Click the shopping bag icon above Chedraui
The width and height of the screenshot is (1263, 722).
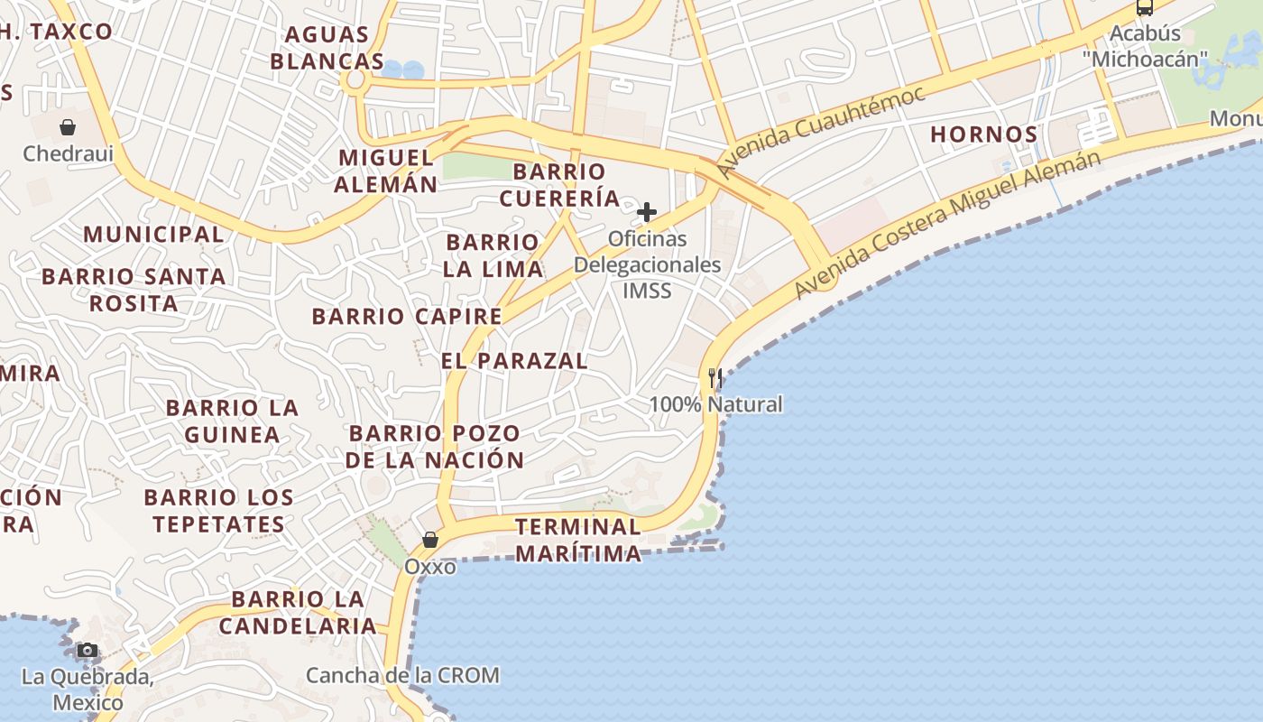pos(68,127)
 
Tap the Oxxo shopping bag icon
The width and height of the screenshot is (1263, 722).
pos(430,540)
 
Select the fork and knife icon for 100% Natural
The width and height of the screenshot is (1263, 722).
pos(715,377)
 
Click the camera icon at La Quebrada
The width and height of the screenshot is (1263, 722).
pos(88,650)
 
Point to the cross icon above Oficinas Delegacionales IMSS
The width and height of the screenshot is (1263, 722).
pos(647,213)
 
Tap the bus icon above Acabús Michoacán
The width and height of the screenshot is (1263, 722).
pos(1145,8)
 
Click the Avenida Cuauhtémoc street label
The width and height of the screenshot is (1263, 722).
pos(820,133)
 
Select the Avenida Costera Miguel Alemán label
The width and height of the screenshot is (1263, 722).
pos(947,223)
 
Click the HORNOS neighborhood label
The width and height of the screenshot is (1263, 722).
pos(984,134)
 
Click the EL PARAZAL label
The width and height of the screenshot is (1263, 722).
pos(514,361)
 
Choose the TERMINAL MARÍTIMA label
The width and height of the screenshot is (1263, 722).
pos(578,540)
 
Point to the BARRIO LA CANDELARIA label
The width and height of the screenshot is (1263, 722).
pos(298,612)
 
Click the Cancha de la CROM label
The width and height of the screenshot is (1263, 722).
pos(402,675)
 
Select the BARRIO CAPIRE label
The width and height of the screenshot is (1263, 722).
pos(407,317)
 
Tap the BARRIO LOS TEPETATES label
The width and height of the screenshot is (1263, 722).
pos(218,510)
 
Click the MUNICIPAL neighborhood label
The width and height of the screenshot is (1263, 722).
pos(153,235)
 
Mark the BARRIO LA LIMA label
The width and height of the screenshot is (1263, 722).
pos(493,255)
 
